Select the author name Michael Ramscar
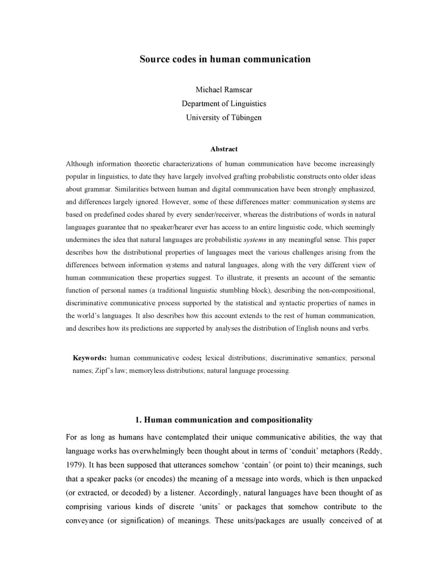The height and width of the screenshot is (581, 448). click(x=224, y=89)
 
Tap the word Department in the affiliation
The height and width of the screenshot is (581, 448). click(x=201, y=103)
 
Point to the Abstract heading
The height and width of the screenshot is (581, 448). click(x=224, y=149)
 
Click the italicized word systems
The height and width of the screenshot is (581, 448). click(x=254, y=240)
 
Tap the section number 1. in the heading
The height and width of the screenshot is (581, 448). click(x=139, y=420)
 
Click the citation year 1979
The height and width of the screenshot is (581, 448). click(x=74, y=465)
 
